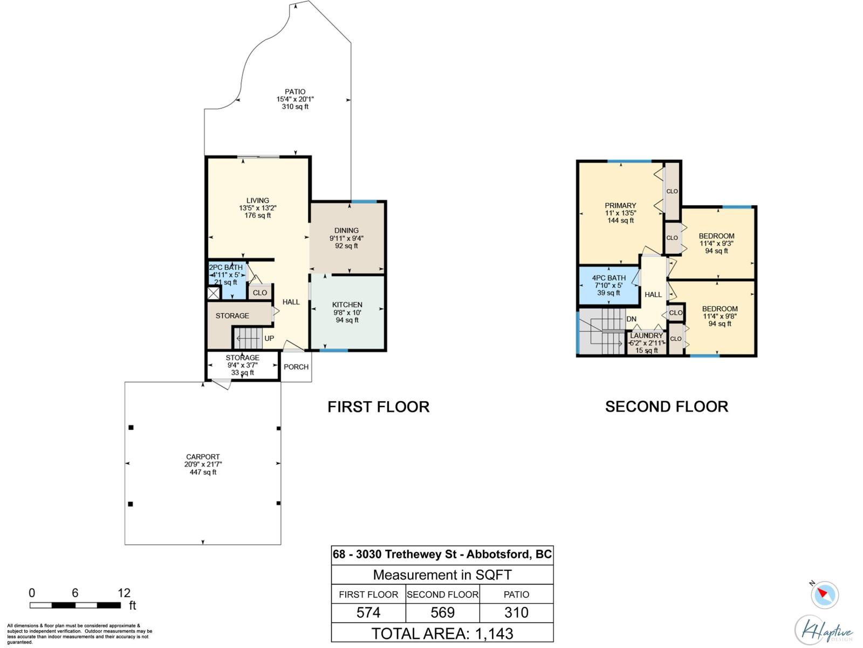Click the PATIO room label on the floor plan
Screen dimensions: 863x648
[295, 92]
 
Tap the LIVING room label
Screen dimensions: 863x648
[257, 200]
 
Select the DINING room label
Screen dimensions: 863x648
[346, 231]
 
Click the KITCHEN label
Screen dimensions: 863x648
[347, 305]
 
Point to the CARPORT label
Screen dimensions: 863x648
[203, 457]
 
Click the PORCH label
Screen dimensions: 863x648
[296, 367]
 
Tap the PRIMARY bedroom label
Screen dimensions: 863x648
[620, 205]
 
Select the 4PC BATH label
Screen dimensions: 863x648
[608, 278]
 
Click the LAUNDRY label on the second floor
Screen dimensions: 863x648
[646, 335]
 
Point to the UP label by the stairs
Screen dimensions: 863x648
[269, 339]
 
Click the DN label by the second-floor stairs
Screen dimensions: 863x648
[632, 319]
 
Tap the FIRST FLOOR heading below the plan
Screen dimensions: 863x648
[379, 407]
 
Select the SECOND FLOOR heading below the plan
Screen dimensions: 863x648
[667, 407]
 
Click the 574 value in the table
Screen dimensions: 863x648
[368, 612]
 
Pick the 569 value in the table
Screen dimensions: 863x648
[443, 612]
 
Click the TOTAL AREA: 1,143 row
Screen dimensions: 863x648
[442, 634]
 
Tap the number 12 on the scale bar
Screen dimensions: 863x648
[124, 593]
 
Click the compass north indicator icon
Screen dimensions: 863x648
[825, 595]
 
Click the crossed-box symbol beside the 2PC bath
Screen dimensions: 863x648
[214, 293]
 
